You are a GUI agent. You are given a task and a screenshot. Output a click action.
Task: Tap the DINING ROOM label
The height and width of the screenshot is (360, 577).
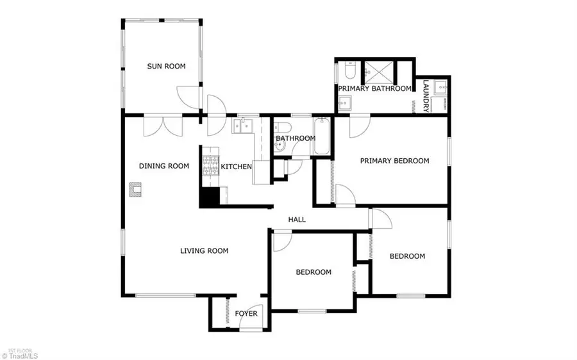[x=164, y=166]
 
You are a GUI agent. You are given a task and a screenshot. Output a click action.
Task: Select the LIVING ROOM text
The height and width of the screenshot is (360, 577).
[x=204, y=251]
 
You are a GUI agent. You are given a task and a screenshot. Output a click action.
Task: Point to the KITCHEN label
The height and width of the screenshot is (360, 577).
[x=236, y=167]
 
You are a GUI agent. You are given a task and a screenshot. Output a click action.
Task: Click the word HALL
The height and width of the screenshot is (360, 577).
[x=297, y=220]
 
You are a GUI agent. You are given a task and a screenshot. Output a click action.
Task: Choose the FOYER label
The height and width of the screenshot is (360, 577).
[x=246, y=314]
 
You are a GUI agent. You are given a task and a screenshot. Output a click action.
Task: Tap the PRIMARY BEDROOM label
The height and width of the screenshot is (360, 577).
[x=394, y=161]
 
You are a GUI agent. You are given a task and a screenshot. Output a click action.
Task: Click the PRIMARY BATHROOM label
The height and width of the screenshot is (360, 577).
[x=374, y=88]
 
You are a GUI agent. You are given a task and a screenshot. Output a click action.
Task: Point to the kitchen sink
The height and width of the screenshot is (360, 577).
[x=242, y=126]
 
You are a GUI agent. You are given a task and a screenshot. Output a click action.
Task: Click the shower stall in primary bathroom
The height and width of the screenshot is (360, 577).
[x=378, y=70]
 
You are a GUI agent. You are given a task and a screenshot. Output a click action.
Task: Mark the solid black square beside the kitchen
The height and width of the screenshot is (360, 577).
[x=208, y=197]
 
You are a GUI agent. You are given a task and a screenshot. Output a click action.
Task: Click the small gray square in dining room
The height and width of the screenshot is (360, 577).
[x=135, y=189]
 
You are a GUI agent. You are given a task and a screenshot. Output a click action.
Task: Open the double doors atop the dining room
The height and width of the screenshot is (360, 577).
[x=161, y=126]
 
